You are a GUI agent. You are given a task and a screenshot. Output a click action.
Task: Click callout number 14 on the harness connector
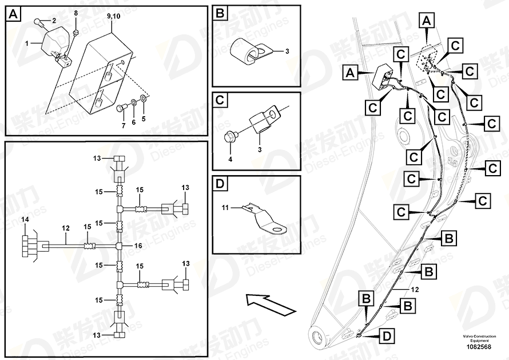tap(25, 219)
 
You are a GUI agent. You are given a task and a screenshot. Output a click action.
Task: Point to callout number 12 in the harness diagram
tap(65, 228)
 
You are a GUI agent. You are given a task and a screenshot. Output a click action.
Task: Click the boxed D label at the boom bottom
tap(387, 337)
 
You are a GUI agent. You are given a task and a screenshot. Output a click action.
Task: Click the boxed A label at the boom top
tap(426, 22)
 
